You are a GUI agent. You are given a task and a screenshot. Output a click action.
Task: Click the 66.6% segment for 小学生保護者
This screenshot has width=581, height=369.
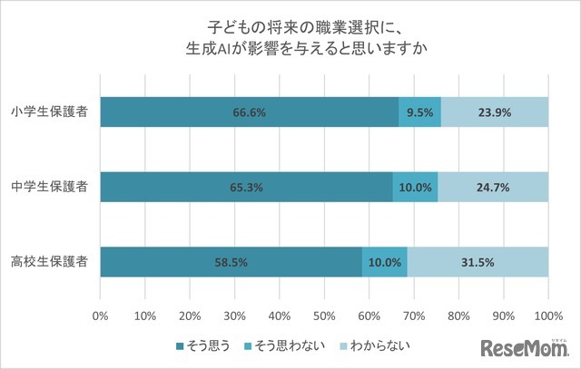249,113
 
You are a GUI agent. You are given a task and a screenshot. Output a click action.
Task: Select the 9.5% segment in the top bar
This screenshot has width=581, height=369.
419,113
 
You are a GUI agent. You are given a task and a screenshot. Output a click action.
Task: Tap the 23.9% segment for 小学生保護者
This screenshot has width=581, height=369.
494,113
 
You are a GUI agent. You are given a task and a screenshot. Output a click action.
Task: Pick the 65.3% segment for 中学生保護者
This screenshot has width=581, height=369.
246,188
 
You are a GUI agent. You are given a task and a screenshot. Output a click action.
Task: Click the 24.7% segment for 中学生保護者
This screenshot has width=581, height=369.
493,188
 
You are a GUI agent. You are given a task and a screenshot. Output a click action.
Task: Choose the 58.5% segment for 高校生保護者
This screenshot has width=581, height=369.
231,262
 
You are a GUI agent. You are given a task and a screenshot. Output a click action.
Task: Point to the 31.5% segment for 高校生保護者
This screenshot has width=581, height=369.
478,262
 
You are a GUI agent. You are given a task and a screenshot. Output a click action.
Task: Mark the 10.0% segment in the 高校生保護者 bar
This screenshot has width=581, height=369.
384,262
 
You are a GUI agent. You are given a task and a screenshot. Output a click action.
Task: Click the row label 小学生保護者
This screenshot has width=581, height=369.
51,113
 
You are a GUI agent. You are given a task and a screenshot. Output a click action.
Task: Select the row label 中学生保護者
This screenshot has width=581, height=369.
51,188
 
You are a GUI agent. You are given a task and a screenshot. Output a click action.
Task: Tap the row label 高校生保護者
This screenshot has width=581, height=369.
51,262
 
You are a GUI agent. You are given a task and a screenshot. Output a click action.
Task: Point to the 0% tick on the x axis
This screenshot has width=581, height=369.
101,316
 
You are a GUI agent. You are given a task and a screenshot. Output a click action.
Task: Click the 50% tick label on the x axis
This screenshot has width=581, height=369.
324,316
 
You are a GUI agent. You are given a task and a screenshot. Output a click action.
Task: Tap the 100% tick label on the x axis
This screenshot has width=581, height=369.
547,316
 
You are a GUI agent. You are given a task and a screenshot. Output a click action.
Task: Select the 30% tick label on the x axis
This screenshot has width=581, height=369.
235,316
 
